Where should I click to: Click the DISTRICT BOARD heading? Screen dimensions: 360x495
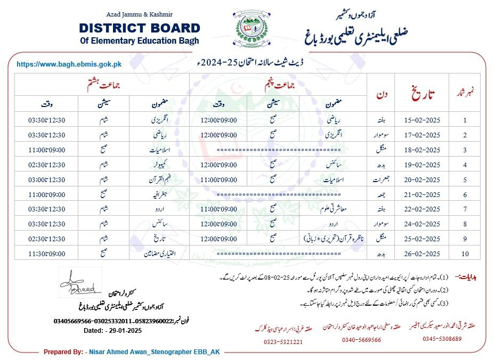point(140,28)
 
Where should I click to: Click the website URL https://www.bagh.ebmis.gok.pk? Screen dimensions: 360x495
point(69,64)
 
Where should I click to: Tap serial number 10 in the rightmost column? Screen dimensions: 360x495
point(465,253)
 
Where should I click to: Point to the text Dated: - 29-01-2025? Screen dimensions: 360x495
point(112,330)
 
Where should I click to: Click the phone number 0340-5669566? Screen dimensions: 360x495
point(361,340)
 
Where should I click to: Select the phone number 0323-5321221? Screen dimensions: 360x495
point(282,342)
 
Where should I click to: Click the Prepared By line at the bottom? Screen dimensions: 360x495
point(132,352)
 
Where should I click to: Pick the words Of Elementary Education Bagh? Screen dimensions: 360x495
point(139,40)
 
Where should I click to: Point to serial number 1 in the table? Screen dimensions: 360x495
point(465,120)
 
